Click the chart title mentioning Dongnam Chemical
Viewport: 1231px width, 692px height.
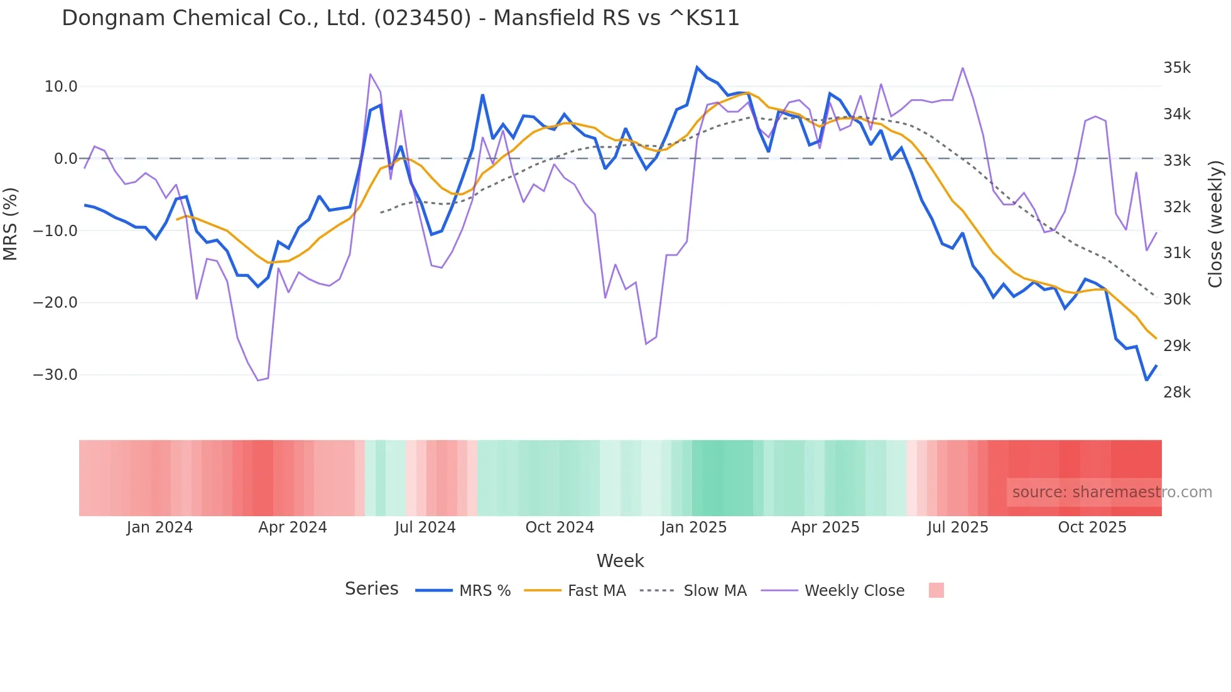(401, 18)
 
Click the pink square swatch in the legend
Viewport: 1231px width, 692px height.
(936, 591)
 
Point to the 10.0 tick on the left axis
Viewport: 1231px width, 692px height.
(61, 87)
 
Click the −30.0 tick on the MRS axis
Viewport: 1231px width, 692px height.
(55, 375)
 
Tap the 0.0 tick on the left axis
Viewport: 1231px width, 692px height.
(66, 159)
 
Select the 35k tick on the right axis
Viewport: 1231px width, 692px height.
(1176, 68)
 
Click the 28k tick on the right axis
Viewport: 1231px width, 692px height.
(1176, 392)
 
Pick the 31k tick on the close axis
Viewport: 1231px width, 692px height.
(1176, 253)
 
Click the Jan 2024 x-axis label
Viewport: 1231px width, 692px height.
(160, 527)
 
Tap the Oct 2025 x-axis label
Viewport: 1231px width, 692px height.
(1092, 527)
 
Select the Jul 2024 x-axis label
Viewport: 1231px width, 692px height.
(425, 527)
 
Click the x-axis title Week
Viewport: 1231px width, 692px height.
(620, 561)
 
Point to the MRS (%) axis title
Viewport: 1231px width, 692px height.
(11, 224)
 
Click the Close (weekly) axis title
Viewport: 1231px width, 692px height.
(1215, 224)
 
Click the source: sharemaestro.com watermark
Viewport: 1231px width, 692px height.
(1112, 492)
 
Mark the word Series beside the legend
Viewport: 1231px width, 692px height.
(371, 589)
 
